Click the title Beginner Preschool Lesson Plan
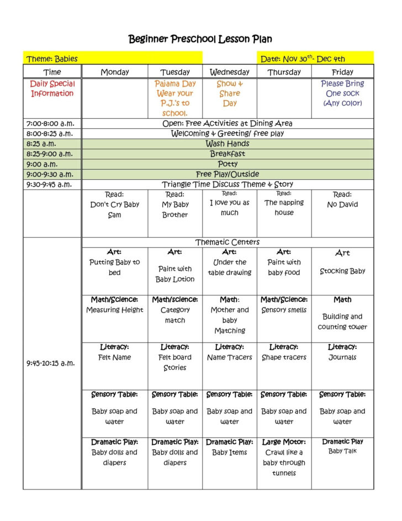tap(200, 39)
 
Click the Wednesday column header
tap(230, 72)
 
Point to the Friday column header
tap(342, 72)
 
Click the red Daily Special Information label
tap(52, 88)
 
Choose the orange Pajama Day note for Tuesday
tap(175, 98)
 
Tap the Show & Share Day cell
tap(230, 93)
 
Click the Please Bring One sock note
tap(342, 93)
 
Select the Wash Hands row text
tap(228, 144)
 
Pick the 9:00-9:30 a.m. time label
tap(50, 174)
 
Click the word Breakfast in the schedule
tap(228, 154)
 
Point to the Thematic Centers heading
tap(228, 242)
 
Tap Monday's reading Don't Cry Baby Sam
tap(115, 205)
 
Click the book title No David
tap(342, 205)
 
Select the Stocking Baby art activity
tap(342, 272)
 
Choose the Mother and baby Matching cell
tap(230, 320)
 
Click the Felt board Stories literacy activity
tap(175, 362)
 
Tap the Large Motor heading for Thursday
tap(284, 442)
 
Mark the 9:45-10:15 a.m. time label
tap(50, 363)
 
